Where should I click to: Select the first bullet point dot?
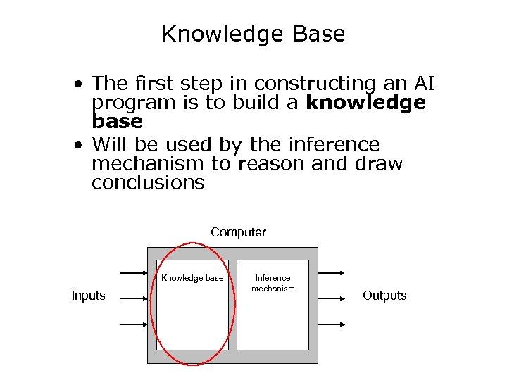click(82, 84)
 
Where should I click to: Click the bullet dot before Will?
click(82, 146)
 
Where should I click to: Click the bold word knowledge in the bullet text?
click(366, 103)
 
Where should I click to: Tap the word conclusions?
click(148, 183)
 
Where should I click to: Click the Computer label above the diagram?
click(238, 232)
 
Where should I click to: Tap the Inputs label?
click(88, 296)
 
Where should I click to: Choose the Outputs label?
click(384, 296)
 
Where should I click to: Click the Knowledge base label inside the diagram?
click(192, 278)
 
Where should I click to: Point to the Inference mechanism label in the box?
click(273, 284)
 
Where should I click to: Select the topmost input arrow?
click(134, 272)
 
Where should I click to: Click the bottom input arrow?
click(134, 324)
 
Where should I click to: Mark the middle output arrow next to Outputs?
click(331, 298)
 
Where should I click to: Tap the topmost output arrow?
click(331, 272)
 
